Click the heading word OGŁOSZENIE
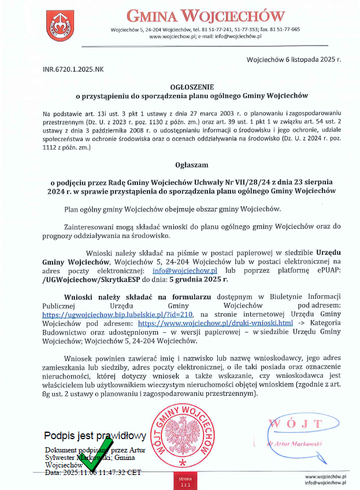[x=180, y=86]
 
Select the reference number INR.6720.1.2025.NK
[x=73, y=69]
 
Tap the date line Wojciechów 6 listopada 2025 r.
[x=294, y=60]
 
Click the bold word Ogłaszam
[x=180, y=165]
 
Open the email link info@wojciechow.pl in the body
[x=184, y=270]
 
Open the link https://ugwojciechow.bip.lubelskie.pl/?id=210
[x=117, y=315]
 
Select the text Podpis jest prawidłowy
[x=95, y=436]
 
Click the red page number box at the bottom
[x=184, y=481]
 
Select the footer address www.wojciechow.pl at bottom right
[x=325, y=476]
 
